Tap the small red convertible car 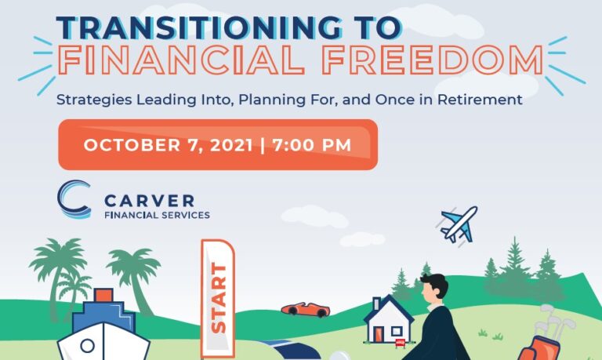(x=306, y=309)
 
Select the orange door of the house (x=379, y=333)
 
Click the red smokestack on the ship (x=103, y=296)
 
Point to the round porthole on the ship (x=89, y=347)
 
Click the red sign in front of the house (x=401, y=342)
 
